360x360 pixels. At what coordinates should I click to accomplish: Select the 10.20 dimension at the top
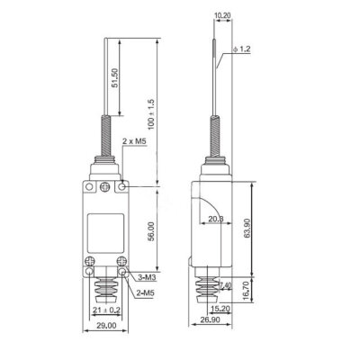tap(223, 15)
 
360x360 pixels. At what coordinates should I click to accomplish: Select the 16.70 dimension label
tap(261, 292)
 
